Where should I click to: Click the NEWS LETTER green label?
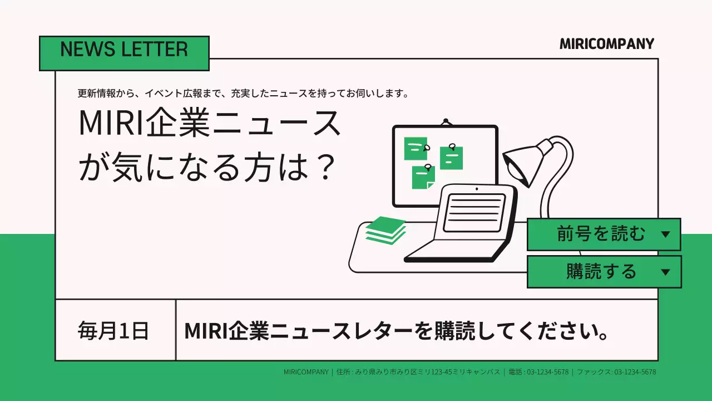[x=124, y=53]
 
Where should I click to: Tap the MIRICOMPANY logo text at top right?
[x=607, y=44]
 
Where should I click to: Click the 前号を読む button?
[x=601, y=234]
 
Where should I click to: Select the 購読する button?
[x=601, y=272]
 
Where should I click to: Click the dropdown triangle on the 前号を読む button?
[x=665, y=234]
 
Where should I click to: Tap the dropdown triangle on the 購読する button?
[x=665, y=272]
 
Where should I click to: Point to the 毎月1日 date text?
[x=113, y=331]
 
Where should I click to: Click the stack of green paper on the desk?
[x=385, y=229]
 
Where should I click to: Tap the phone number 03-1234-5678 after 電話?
[x=547, y=372]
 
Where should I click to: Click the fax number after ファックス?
[x=635, y=372]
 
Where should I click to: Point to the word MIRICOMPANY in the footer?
[x=306, y=372]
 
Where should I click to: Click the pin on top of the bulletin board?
[x=445, y=121]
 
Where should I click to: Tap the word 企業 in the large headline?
[x=180, y=124]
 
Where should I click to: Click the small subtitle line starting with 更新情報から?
[x=244, y=94]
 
